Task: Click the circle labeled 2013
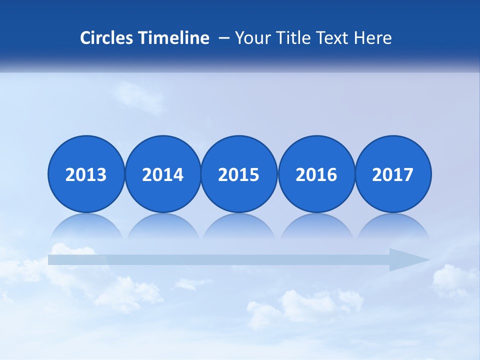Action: coord(86,174)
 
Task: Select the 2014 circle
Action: coord(163,174)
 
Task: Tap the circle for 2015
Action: coord(239,174)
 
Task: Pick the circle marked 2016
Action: coord(316,174)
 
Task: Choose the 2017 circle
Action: coord(393,174)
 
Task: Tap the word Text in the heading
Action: coord(333,38)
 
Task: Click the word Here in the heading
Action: coord(372,38)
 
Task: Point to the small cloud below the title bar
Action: coord(140,96)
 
